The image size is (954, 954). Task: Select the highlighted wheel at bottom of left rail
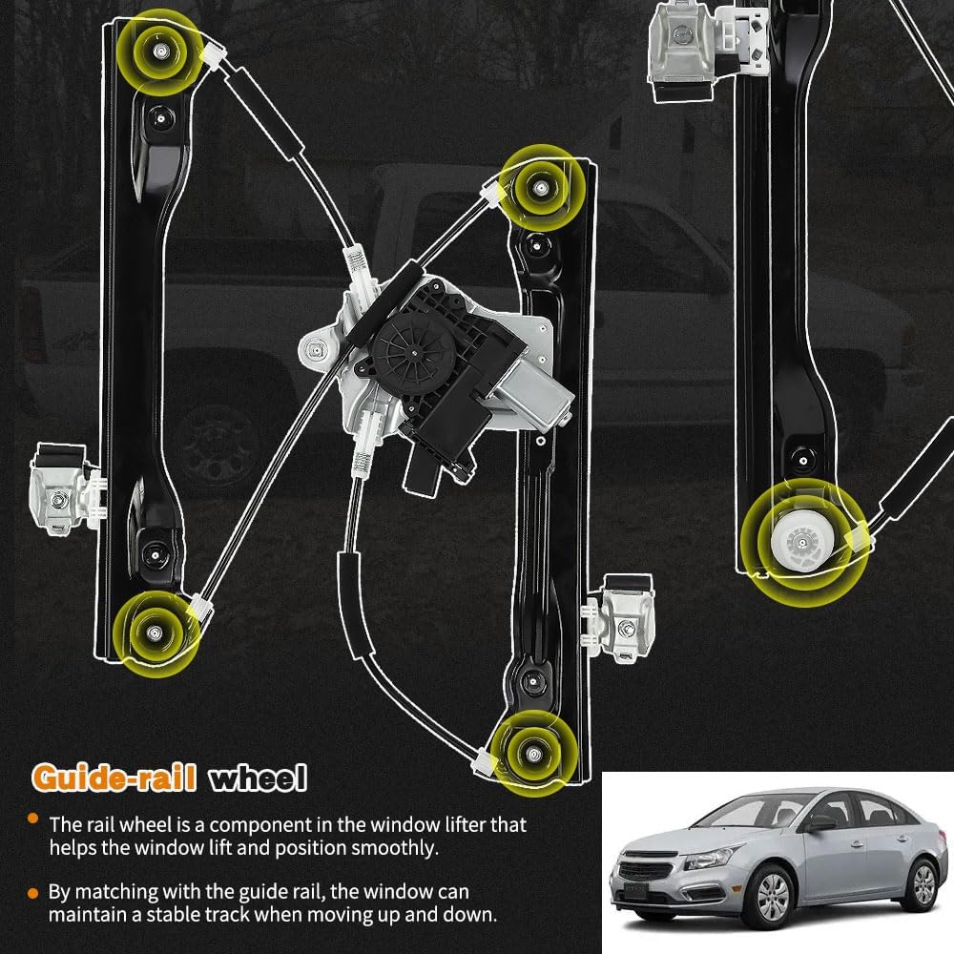tap(152, 630)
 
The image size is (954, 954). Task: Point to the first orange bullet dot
tap(33, 819)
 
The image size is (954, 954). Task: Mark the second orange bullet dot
tap(33, 892)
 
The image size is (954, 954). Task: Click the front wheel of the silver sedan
tap(773, 896)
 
